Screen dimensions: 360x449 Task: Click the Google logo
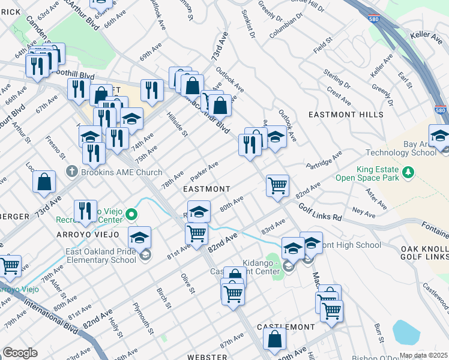click(x=20, y=353)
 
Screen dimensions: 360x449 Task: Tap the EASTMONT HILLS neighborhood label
click(x=345, y=114)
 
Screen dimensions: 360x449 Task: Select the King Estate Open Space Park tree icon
click(x=408, y=172)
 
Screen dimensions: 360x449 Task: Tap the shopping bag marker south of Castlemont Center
click(x=274, y=339)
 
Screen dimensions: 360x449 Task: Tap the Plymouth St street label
click(x=145, y=323)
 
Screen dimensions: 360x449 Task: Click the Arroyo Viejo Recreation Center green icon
click(x=130, y=214)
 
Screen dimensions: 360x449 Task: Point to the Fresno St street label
click(x=56, y=148)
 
